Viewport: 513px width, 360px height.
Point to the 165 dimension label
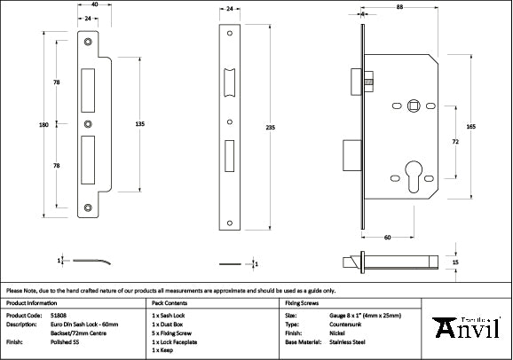click(470, 128)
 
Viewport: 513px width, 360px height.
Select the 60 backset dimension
click(388, 238)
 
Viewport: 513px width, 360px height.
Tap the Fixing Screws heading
click(300, 302)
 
